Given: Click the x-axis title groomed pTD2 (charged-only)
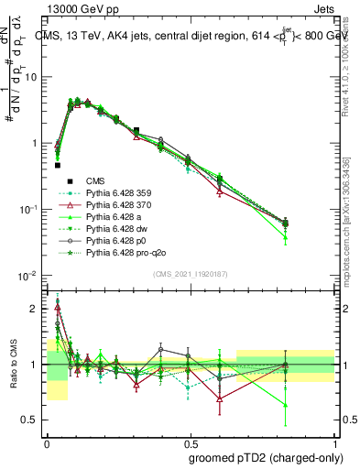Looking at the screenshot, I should click(x=273, y=457).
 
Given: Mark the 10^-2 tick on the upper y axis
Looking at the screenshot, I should click(x=30, y=275).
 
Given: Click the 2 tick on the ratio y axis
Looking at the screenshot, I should click(x=36, y=309).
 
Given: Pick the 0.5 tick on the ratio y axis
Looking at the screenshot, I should click(x=32, y=420).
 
